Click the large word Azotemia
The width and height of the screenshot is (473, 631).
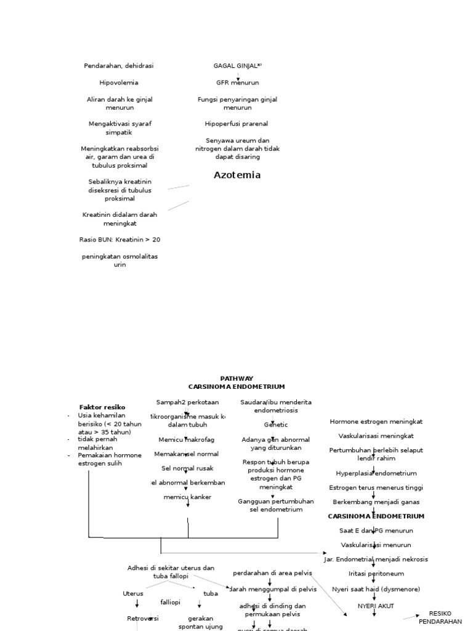pyautogui.click(x=237, y=175)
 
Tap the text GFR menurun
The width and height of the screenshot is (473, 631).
pyautogui.click(x=238, y=83)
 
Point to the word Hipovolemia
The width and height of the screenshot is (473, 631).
pyautogui.click(x=119, y=83)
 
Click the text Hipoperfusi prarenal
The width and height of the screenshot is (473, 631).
pyautogui.click(x=236, y=124)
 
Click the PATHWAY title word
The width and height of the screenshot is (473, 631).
pyautogui.click(x=236, y=378)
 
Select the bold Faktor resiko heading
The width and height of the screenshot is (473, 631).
pyautogui.click(x=102, y=407)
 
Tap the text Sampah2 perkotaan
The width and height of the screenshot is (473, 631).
pyautogui.click(x=187, y=402)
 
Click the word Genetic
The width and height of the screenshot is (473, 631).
pyautogui.click(x=276, y=425)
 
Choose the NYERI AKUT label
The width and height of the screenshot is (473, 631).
pyautogui.click(x=376, y=606)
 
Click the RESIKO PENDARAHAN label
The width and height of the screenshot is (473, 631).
pyautogui.click(x=440, y=617)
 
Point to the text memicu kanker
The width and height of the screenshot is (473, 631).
pyautogui.click(x=187, y=497)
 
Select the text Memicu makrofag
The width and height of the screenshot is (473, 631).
pyautogui.click(x=187, y=439)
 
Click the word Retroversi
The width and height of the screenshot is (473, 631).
pyautogui.click(x=143, y=618)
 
